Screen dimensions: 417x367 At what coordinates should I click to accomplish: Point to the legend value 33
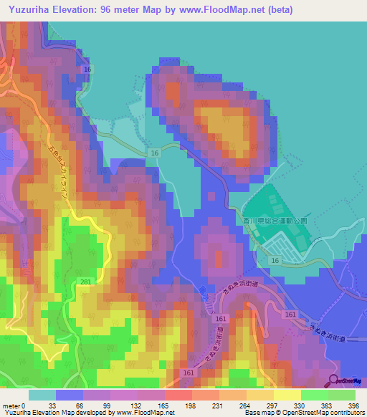pyautogui.click(x=52, y=405)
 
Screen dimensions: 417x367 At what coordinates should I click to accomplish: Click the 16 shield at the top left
pyautogui.click(x=88, y=68)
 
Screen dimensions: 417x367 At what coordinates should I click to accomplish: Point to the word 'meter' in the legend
pyautogui.click(x=11, y=405)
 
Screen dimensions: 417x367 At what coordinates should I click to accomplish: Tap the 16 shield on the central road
pyautogui.click(x=154, y=153)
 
